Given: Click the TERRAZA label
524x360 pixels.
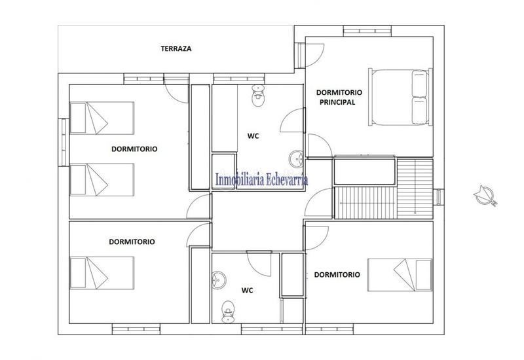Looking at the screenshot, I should [x=176, y=48].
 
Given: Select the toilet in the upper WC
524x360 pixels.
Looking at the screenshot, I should [x=258, y=97].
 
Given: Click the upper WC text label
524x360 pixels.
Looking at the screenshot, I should [x=253, y=136].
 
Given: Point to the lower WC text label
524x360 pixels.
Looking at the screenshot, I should [x=247, y=290].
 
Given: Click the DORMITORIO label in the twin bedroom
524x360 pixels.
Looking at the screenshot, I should [x=134, y=149].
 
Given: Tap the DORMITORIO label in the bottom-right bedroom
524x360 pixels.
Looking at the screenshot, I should [x=337, y=275].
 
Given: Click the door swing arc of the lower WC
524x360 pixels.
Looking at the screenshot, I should [x=261, y=262].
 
